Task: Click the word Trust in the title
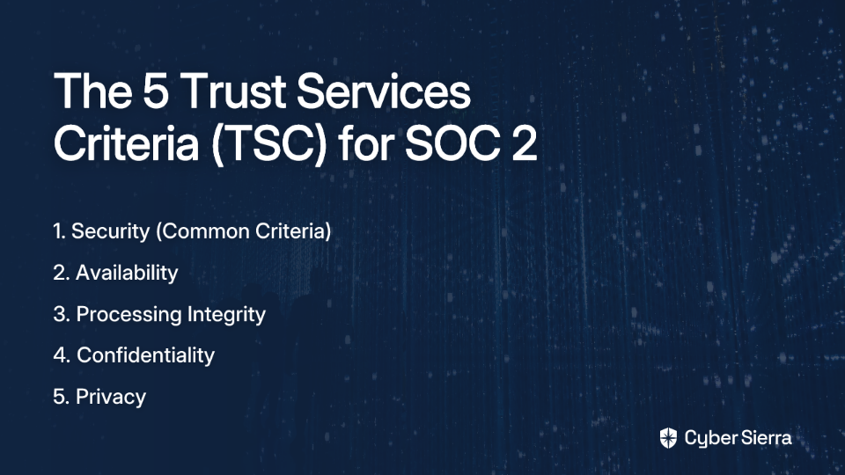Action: tap(232, 91)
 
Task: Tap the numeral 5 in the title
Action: tap(156, 91)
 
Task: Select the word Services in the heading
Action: tap(384, 91)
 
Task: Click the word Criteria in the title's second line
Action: tap(126, 143)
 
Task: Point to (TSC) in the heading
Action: tap(269, 144)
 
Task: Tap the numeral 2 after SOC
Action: tap(525, 143)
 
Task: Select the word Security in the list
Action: tap(111, 231)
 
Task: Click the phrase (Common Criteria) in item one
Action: tap(244, 231)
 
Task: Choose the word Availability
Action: tap(127, 273)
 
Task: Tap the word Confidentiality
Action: tap(145, 355)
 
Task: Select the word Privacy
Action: tap(111, 398)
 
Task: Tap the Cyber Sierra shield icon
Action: tap(668, 438)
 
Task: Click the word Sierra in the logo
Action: tap(765, 438)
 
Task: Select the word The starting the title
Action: tap(92, 91)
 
